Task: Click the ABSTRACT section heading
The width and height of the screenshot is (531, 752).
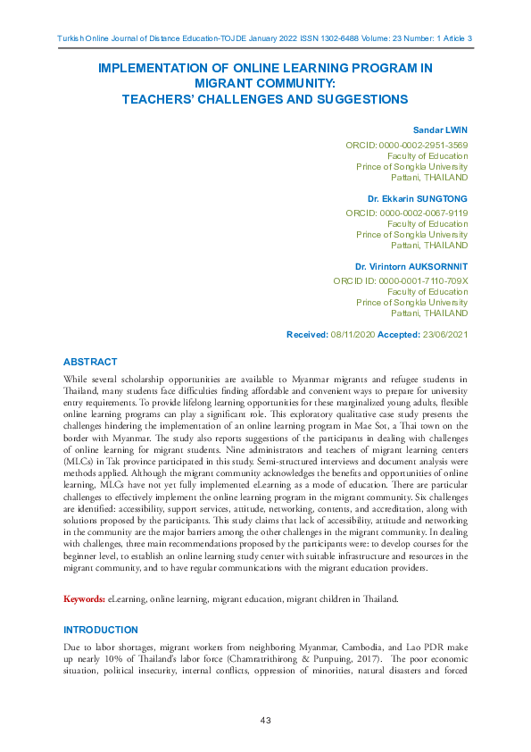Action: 89,362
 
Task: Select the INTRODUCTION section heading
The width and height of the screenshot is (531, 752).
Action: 100,630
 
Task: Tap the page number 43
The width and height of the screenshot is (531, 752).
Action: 265,720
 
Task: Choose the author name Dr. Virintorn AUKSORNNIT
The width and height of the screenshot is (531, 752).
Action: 411,266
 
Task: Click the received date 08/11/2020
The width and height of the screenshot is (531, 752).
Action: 354,334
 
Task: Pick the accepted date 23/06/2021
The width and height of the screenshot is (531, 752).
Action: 444,334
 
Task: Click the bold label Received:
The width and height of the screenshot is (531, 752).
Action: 307,334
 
